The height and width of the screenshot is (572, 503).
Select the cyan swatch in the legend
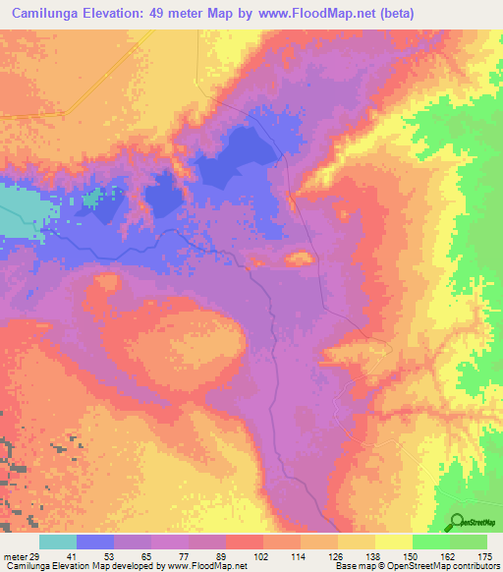(x=57, y=542)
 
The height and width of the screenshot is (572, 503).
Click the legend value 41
(x=77, y=556)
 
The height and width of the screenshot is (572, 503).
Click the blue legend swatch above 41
(x=94, y=542)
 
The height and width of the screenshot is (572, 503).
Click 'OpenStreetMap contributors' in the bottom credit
(x=438, y=567)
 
